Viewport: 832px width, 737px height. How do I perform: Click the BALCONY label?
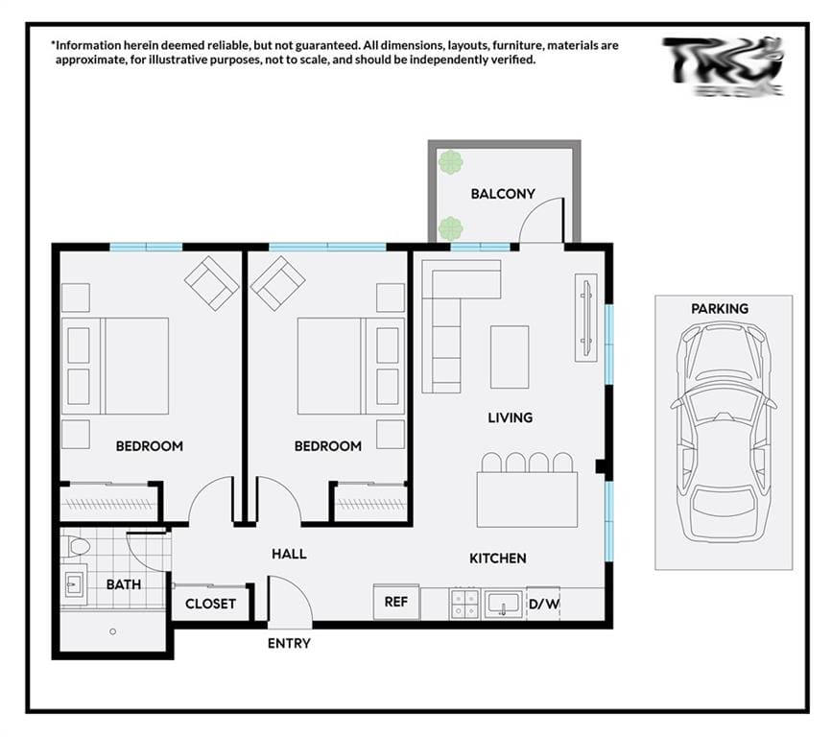502,194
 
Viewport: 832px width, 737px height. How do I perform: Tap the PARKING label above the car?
719,309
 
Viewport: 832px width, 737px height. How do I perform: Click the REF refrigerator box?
396,602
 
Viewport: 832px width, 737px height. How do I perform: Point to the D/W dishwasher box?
543,603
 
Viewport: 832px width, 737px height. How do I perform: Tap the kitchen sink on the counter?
503,604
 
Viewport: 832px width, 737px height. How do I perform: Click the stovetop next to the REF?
465,604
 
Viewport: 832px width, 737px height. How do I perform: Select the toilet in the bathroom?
77,546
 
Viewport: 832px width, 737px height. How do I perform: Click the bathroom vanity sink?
75,582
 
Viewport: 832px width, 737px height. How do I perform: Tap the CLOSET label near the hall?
210,604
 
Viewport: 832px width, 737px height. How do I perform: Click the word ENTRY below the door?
289,643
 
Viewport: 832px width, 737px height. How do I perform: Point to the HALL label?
289,554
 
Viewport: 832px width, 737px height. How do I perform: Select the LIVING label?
510,417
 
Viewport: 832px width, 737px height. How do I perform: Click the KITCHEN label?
497,559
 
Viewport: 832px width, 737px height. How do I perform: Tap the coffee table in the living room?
510,356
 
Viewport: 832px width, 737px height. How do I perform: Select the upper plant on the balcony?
450,162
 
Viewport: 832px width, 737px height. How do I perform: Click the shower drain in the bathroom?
112,631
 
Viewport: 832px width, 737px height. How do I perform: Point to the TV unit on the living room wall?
585,319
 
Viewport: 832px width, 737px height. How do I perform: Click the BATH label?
123,583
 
